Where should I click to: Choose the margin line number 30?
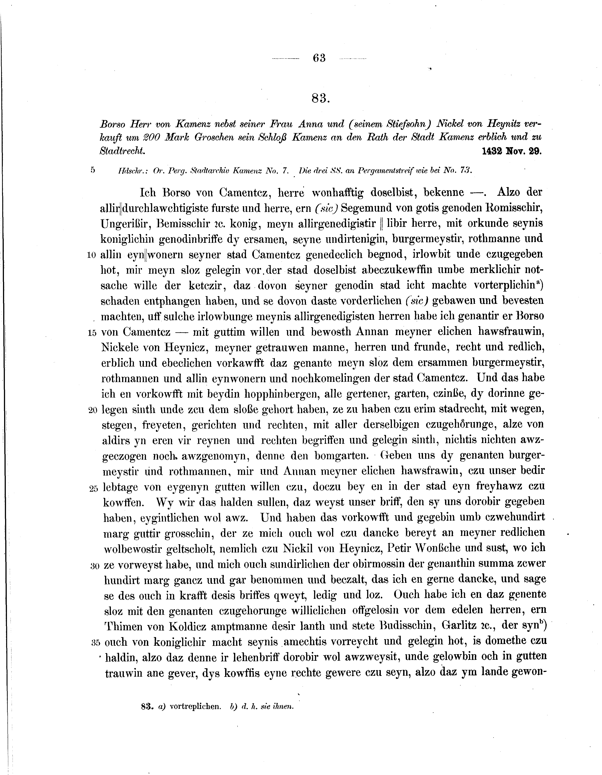coord(94,566)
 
